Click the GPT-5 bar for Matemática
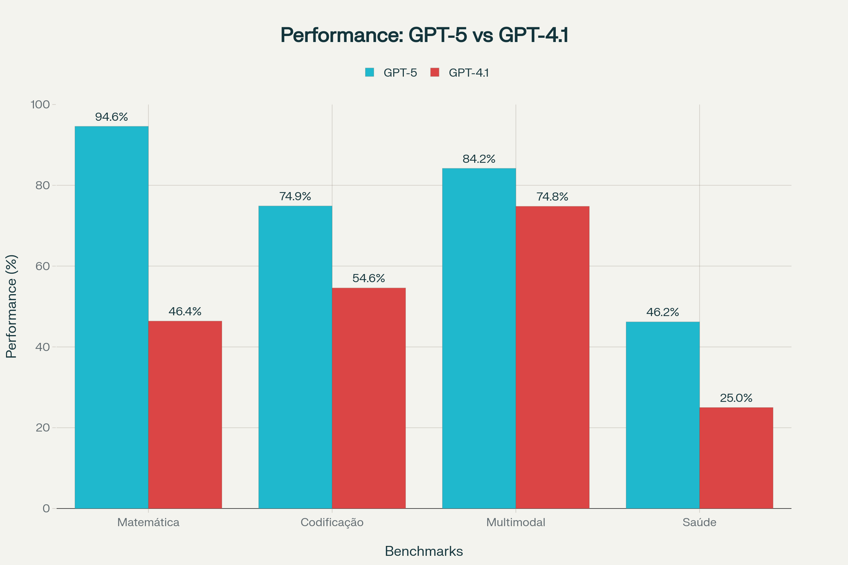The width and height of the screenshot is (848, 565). coord(111,317)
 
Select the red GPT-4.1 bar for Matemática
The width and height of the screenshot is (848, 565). coord(185,414)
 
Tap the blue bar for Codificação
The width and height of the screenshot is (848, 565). coord(295,357)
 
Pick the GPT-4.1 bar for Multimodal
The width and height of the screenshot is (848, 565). coord(552,357)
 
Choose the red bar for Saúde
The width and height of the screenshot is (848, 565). coord(736,458)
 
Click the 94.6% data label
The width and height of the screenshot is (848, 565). coord(111,117)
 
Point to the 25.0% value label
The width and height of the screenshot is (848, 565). coord(736,398)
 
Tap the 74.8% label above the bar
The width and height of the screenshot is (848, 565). coord(552,197)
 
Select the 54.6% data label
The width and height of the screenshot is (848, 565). coord(369,278)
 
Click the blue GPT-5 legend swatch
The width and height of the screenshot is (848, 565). coord(370,72)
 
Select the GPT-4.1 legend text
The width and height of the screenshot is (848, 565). coord(469,73)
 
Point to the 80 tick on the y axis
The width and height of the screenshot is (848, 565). coord(42,185)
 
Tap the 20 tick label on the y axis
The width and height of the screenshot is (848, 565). coord(42,428)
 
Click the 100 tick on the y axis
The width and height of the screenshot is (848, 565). coord(40,105)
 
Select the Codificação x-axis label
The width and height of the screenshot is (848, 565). coord(332,523)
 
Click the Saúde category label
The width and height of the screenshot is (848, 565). coord(699,523)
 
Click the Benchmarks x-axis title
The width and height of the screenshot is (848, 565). coord(424,551)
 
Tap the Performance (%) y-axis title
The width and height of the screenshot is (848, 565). coord(12,306)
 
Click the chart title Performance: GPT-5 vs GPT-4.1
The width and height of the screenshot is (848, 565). coord(424,35)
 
